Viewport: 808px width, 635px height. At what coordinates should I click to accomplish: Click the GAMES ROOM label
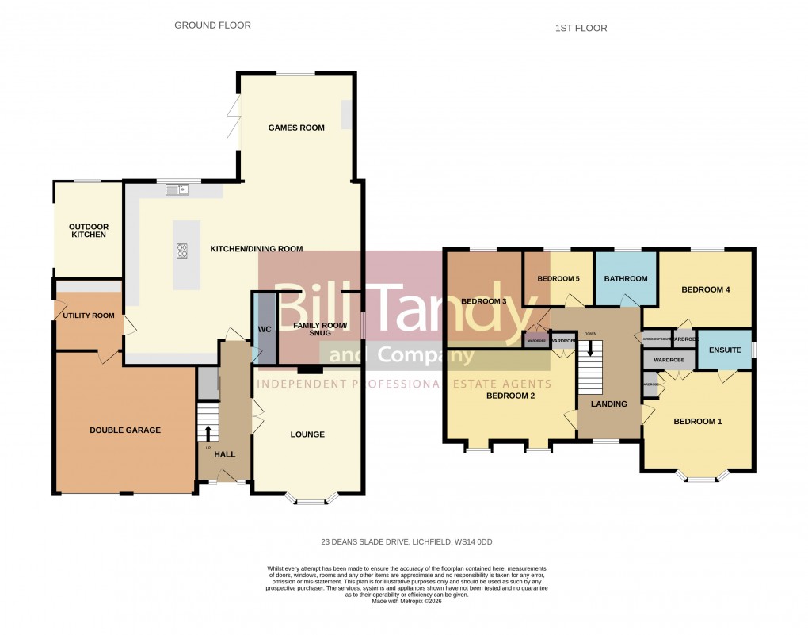tap(295, 128)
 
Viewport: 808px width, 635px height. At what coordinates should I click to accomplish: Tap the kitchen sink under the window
tap(177, 189)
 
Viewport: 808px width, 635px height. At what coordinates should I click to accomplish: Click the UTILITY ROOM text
tap(88, 316)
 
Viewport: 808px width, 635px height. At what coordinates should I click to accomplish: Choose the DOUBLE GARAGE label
tap(124, 430)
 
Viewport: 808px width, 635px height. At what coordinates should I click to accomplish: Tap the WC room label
tap(265, 329)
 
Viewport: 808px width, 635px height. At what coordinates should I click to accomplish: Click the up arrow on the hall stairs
tap(208, 431)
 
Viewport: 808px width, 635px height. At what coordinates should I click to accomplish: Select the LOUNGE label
tap(307, 434)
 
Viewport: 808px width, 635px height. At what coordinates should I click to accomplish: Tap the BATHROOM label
tap(626, 279)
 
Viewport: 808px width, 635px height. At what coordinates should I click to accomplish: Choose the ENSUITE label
tap(725, 350)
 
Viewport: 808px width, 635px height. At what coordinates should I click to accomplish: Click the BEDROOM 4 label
tap(705, 290)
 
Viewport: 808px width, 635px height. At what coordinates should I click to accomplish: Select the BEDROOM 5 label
tap(558, 279)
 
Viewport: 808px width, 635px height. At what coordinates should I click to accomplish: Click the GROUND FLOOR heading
tap(212, 25)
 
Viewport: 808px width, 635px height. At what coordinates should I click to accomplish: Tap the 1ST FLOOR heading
tap(581, 29)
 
